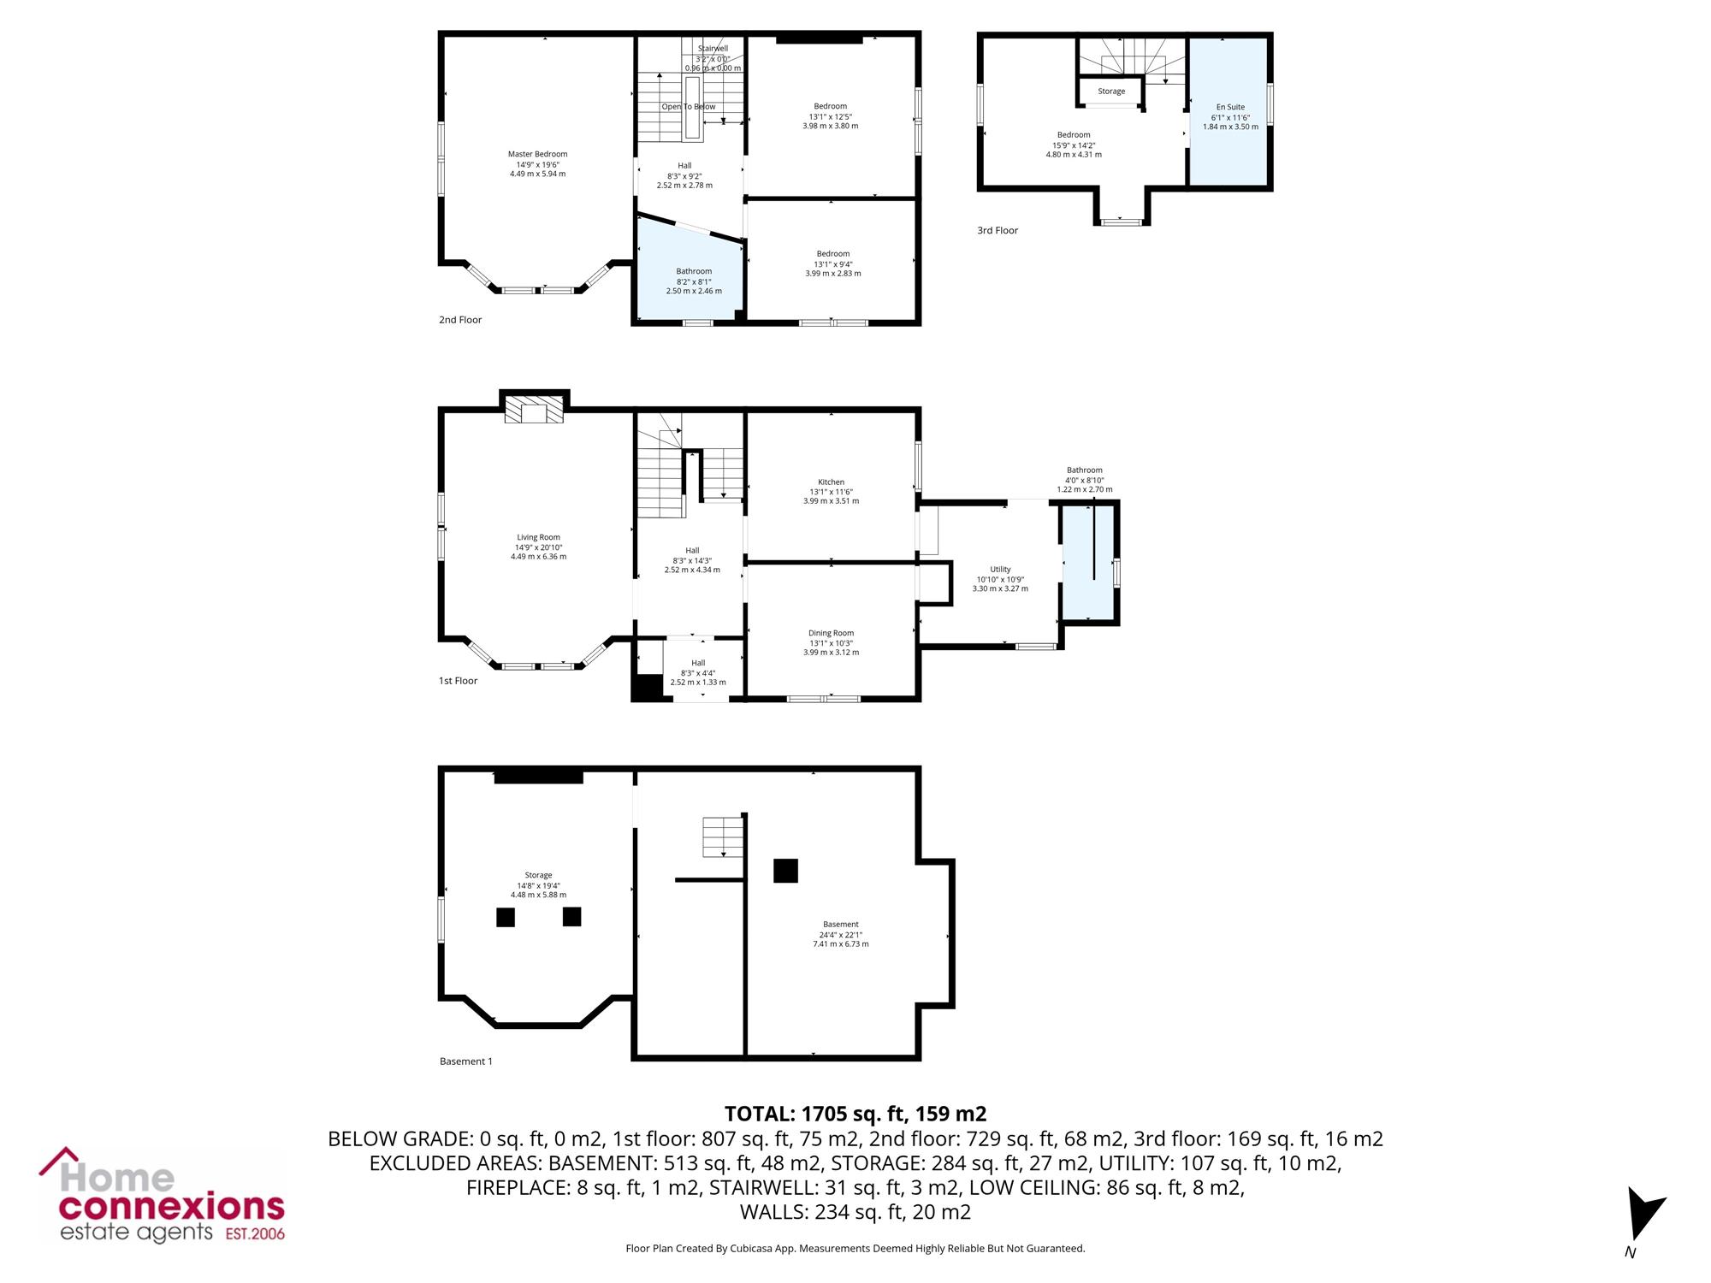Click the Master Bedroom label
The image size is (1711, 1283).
click(537, 154)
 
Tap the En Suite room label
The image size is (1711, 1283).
click(1230, 107)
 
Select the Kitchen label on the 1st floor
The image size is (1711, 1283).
click(831, 482)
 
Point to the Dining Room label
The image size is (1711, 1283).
click(831, 633)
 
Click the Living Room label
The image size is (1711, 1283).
click(538, 537)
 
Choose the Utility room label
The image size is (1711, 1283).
click(1000, 569)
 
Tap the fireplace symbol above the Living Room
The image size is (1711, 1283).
click(535, 409)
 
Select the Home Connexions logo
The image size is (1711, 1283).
click(162, 1194)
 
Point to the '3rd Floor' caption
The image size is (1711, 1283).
click(998, 230)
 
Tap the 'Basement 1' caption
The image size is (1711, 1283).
click(466, 1061)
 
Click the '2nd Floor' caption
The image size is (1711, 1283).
click(460, 320)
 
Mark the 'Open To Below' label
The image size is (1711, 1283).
click(689, 107)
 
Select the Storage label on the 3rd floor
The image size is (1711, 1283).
click(1111, 92)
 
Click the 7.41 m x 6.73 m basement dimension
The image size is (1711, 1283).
click(840, 944)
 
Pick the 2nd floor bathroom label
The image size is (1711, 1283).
click(694, 271)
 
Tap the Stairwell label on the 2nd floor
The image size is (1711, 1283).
click(713, 49)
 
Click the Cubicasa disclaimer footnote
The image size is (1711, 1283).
click(855, 1249)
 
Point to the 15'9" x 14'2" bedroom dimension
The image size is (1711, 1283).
click(1074, 145)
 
